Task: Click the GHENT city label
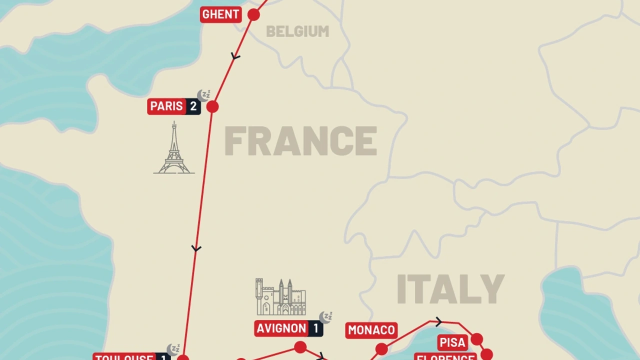[220, 14]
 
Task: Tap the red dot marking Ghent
[253, 14]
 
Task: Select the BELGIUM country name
[297, 31]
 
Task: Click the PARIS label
[166, 106]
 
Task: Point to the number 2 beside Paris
[193, 106]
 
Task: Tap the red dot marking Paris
[212, 106]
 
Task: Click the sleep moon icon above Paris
[203, 95]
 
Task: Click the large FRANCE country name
[300, 141]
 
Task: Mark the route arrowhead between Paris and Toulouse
[196, 248]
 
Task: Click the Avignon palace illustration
[280, 297]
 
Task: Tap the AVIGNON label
[281, 328]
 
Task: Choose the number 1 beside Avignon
[316, 328]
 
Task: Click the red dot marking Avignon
[300, 347]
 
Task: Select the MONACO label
[371, 330]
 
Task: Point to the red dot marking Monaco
[381, 348]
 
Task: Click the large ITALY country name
[450, 289]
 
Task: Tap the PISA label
[452, 342]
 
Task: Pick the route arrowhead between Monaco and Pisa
[438, 321]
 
